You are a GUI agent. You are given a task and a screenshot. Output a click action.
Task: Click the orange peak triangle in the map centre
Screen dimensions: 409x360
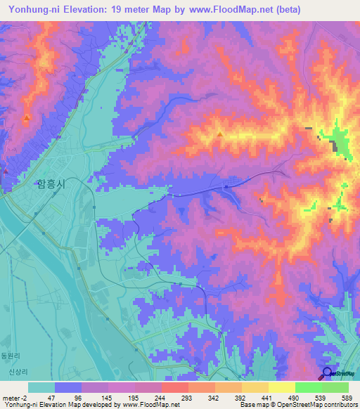click(221, 134)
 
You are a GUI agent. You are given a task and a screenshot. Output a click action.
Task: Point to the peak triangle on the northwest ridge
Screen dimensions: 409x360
click(27, 118)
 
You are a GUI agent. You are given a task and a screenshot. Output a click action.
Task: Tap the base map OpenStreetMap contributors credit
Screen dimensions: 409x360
click(296, 405)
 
